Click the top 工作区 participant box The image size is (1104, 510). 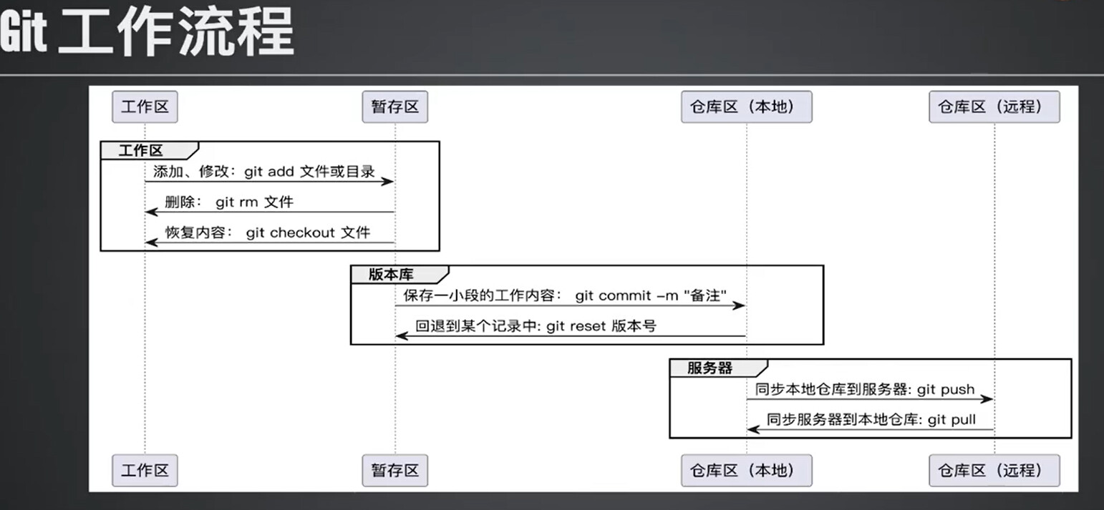(145, 107)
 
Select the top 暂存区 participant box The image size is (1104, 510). (394, 107)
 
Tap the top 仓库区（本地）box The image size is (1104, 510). (746, 107)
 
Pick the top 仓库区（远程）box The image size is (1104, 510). (994, 107)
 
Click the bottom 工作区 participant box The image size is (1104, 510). (145, 471)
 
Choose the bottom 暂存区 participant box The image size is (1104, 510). (394, 471)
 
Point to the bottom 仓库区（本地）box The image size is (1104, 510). (746, 471)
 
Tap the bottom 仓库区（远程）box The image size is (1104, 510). (994, 471)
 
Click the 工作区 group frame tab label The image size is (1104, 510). (141, 151)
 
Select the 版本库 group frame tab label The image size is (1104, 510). (391, 275)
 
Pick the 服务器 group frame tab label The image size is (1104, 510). (710, 368)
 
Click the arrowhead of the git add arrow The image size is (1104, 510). (388, 182)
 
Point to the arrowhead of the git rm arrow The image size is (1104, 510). (152, 212)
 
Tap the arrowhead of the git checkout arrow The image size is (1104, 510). (152, 242)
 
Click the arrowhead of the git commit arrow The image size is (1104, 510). (739, 305)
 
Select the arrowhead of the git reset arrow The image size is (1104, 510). (402, 335)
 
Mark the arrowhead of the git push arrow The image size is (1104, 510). (987, 398)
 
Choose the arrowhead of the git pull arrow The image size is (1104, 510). (754, 430)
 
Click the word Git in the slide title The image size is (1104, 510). (23, 32)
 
